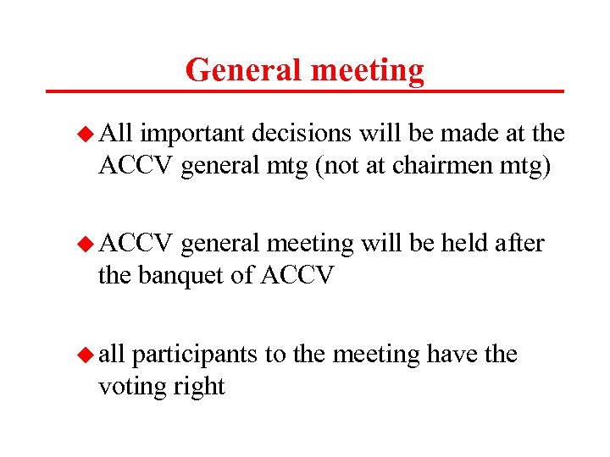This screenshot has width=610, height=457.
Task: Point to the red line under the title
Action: click(305, 91)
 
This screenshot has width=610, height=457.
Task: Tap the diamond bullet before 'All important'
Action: click(85, 134)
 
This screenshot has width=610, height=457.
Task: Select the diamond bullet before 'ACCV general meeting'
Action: click(85, 244)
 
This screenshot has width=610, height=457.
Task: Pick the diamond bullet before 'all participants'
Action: click(85, 355)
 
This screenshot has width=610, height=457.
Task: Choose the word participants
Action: click(193, 355)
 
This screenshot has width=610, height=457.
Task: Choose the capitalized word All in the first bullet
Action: click(115, 134)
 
